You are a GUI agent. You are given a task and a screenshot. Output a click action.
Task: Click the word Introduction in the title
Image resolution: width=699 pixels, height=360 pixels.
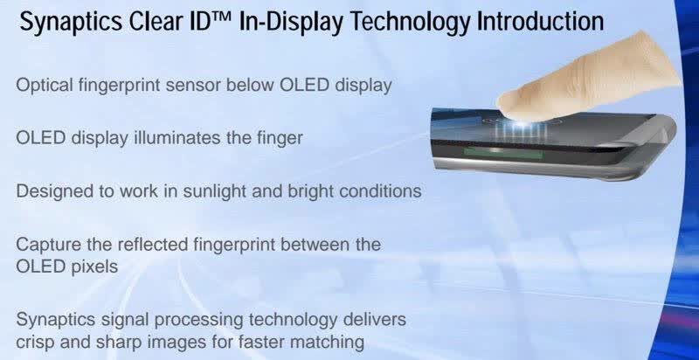coord(540,21)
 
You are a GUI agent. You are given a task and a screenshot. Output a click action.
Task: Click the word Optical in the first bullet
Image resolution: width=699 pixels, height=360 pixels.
coord(45,85)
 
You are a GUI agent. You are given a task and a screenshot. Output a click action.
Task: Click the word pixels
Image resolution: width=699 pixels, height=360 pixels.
coord(94,267)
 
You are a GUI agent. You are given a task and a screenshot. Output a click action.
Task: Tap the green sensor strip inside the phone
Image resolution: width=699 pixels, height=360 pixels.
coord(503,153)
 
